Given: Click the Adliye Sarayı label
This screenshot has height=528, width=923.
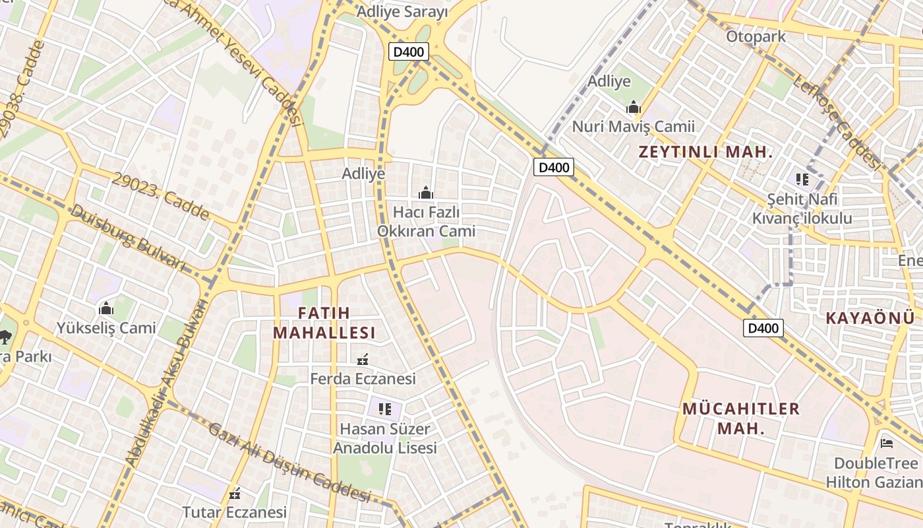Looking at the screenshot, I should pos(402,12).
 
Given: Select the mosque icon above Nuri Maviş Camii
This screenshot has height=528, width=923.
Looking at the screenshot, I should pos(634,107).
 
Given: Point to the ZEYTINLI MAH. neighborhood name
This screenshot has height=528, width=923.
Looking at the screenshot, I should pos(705,152).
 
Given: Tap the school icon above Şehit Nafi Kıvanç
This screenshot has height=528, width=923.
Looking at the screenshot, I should pos(802,179).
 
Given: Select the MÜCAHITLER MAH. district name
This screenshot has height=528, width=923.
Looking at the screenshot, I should pos(741,418).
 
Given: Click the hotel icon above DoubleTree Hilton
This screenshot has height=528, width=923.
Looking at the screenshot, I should pos(887,443).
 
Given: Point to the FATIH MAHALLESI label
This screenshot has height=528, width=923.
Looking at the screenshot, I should pos(324,323).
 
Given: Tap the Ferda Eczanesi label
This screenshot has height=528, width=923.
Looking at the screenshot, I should pos(363,379).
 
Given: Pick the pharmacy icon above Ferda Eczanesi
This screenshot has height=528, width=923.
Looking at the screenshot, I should pos(362,360).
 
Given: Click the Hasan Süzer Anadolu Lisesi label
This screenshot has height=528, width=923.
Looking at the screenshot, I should pos(385,438).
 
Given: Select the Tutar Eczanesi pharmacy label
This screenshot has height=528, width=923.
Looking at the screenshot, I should pos(234,512).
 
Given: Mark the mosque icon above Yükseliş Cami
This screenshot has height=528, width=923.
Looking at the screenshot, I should pos(105,309).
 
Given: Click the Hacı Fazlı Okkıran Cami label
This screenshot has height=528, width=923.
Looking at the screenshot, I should pos(426,222).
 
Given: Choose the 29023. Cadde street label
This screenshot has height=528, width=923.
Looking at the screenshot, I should pos(161,197).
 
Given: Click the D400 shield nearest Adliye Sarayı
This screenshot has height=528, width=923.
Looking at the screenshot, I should pos(409,52).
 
